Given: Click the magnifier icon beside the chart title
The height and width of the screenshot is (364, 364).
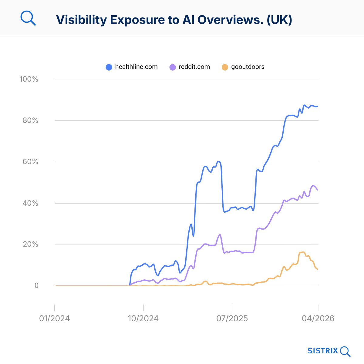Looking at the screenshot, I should coord(28,19).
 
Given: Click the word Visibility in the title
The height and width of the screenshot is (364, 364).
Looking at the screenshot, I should coord(82,20).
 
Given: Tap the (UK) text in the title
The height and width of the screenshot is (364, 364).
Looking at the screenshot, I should coord(279,20).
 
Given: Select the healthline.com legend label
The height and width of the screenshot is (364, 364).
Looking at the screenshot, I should coord(136,67).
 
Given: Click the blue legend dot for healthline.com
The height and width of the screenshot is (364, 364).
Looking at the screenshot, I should coord(109,67).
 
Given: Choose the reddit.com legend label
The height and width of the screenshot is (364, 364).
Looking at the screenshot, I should coord(194,67).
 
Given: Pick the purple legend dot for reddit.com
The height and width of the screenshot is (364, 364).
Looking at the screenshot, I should coord(173,67).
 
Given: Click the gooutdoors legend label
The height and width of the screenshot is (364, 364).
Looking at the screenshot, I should coord(248,67).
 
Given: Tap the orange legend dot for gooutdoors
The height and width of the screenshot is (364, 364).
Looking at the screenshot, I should coord(225,67).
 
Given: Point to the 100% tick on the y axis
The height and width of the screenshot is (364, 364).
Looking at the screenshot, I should coord(29,79).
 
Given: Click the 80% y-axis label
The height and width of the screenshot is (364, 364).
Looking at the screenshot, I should coord(30,121).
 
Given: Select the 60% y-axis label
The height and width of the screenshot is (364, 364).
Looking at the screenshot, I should coord(30,162).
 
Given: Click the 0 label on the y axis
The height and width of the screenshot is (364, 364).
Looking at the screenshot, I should coord(36,286).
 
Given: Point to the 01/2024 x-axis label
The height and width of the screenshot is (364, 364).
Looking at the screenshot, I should coord(55,318).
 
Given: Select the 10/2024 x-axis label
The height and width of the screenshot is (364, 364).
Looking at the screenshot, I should coord(143,318).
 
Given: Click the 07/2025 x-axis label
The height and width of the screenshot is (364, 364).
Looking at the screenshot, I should coord(232,318).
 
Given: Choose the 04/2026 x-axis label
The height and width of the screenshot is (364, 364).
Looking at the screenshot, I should coord(318,318).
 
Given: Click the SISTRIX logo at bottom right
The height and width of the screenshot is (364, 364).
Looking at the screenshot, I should coord(329,351).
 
